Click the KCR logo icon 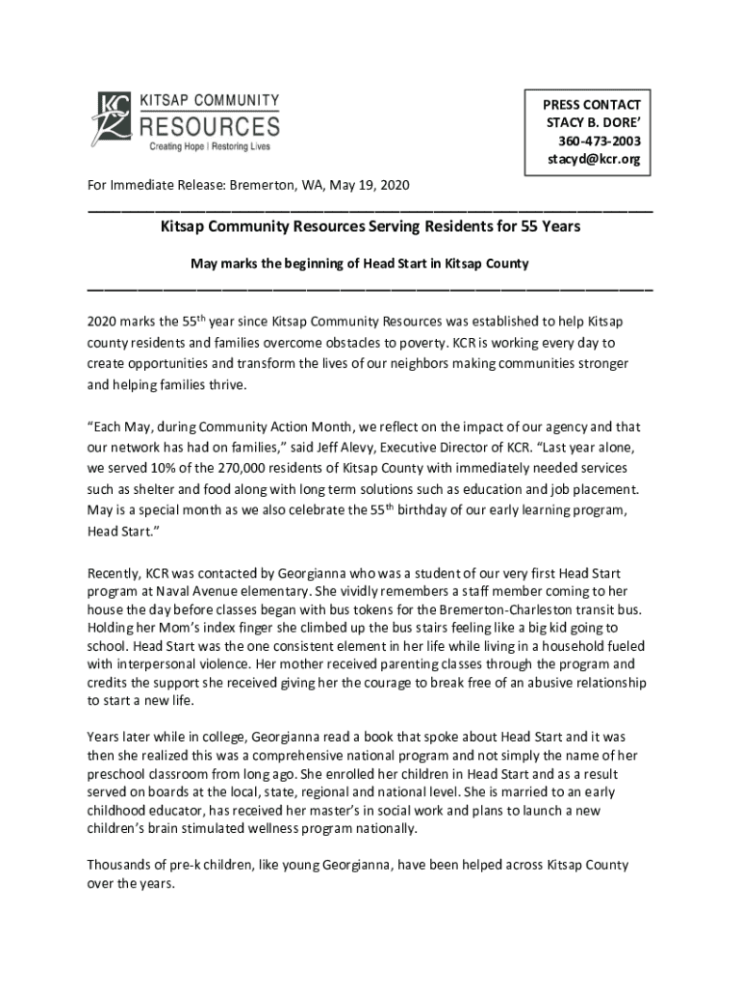pyautogui.click(x=112, y=119)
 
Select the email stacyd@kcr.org pyautogui.click(x=593, y=159)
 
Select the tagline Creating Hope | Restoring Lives pyautogui.click(x=209, y=147)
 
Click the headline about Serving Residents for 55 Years pyautogui.click(x=370, y=227)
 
